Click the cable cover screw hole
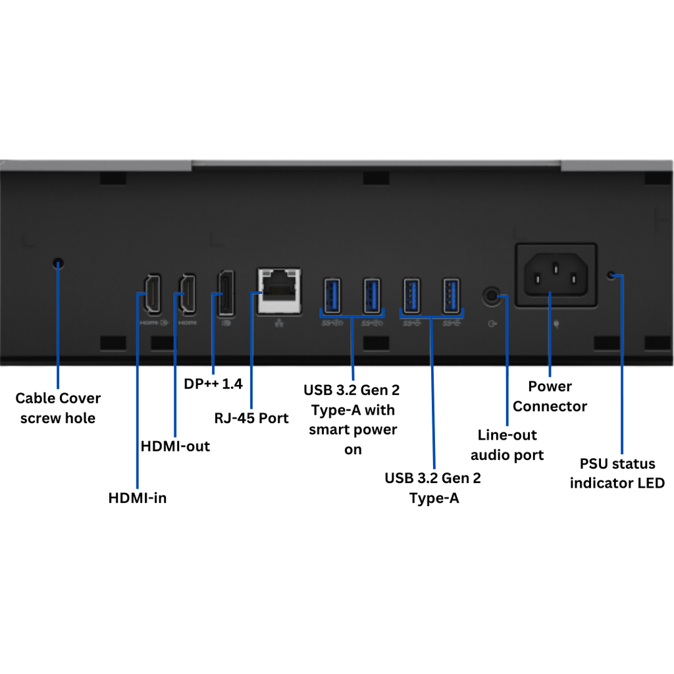point(59,264)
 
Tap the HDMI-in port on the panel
point(151,292)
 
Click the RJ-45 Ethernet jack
point(278,288)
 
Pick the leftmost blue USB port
point(331,296)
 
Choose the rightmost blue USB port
point(451,296)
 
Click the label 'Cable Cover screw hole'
point(58,408)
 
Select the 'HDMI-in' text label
point(137,498)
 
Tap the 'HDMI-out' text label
point(175,446)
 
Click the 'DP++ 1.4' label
point(213,383)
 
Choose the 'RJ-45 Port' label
point(251,418)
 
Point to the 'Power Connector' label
point(550,396)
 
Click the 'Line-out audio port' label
point(507,445)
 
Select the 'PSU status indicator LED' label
point(617,473)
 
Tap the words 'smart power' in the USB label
point(353,430)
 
